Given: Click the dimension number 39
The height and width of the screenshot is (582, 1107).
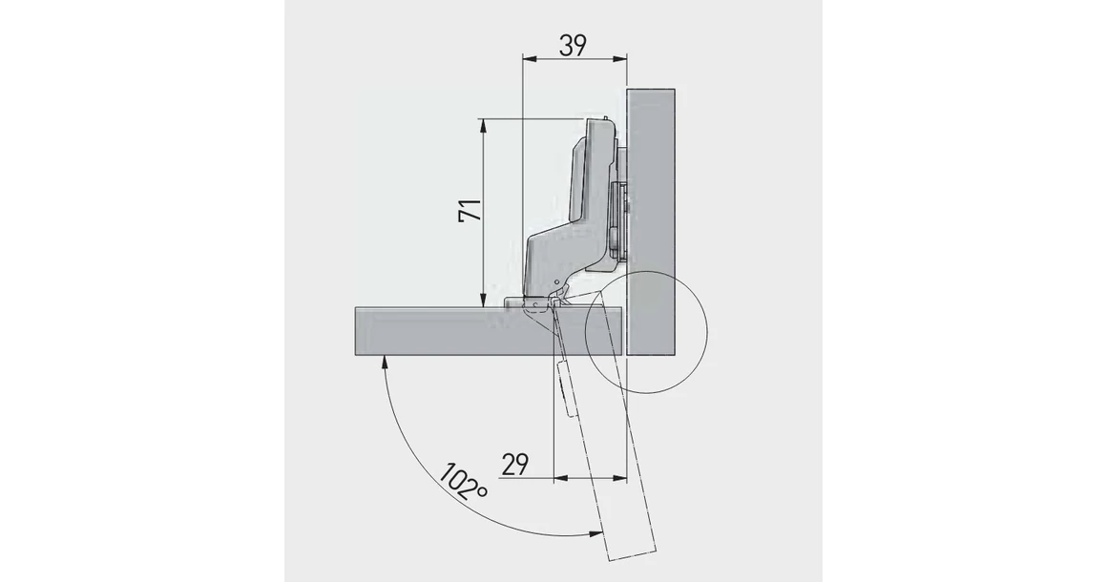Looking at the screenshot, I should point(572,44).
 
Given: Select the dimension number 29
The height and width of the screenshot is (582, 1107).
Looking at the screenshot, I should point(514,466).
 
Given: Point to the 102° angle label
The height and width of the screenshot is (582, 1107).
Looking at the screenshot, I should point(464,484).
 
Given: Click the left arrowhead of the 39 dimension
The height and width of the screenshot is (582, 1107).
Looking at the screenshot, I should point(528,59).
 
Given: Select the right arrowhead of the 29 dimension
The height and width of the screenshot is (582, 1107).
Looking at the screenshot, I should point(628,478).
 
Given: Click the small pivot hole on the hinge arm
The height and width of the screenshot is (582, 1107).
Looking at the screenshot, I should point(556,284).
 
